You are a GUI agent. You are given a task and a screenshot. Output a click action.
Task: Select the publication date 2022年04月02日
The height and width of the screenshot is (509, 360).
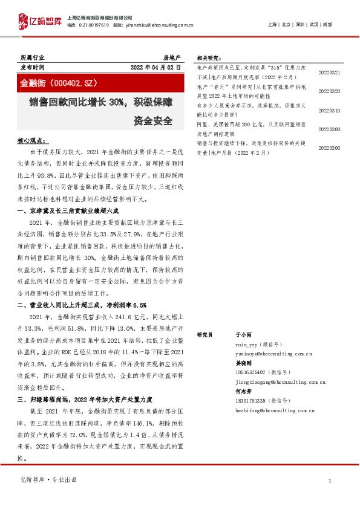pos(156,68)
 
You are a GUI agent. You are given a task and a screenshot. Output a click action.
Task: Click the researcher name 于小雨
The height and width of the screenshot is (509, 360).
pos(242,334)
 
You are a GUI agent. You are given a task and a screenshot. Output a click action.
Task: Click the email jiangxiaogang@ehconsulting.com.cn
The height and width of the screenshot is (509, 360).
pos(280,382)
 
